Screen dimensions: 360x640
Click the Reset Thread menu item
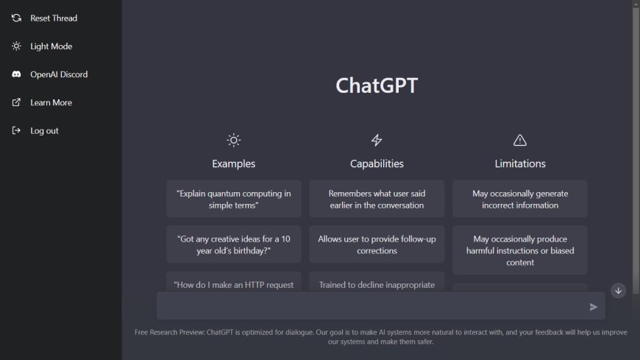click(x=53, y=18)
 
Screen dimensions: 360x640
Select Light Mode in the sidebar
click(x=51, y=46)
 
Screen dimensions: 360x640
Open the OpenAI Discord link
click(x=58, y=74)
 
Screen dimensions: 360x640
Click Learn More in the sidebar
click(x=51, y=103)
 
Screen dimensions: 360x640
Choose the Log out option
click(x=44, y=131)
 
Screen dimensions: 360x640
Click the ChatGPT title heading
click(x=377, y=85)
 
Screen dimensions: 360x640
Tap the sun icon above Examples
click(x=234, y=140)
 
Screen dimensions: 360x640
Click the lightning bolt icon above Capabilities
click(x=377, y=140)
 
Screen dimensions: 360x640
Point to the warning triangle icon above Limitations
click(x=520, y=140)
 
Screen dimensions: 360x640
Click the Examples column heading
click(x=234, y=163)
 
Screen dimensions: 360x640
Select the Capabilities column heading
click(x=377, y=163)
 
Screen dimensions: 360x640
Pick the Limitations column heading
click(x=520, y=163)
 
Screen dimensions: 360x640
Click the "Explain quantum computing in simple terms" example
click(x=234, y=200)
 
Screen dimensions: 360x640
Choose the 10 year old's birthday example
click(x=234, y=244)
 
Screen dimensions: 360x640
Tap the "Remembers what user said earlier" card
click(x=377, y=200)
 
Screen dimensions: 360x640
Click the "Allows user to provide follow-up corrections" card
click(x=377, y=244)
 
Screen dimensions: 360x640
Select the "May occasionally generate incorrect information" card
click(x=520, y=200)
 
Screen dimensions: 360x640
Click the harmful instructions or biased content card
click(x=520, y=250)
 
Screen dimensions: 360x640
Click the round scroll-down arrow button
click(x=618, y=291)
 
